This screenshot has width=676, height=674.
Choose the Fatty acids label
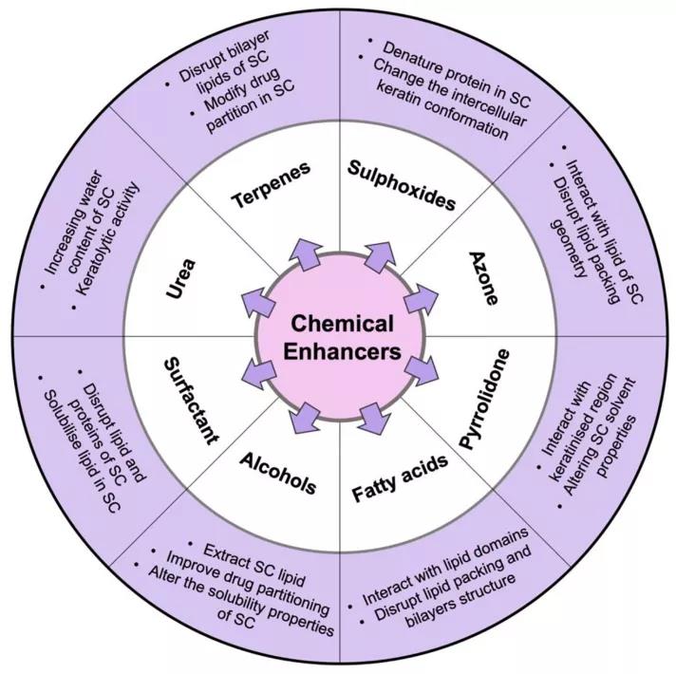tap(400, 482)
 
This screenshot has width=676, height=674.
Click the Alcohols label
tap(278, 472)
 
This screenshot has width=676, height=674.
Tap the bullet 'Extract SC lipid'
tap(247, 559)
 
